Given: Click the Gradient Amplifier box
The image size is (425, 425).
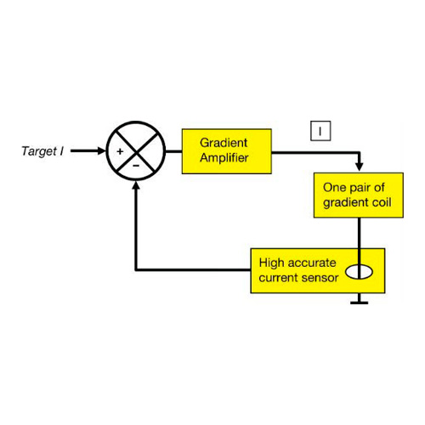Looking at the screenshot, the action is click(227, 151).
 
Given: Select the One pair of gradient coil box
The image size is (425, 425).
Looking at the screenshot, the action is click(359, 195).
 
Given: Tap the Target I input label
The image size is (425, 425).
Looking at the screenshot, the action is click(42, 151).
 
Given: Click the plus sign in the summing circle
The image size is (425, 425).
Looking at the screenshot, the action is click(120, 151).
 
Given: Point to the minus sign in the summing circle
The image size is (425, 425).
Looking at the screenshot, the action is click(136, 166).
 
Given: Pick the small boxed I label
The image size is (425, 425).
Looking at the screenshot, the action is click(320, 131).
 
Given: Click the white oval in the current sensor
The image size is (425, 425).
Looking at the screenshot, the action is click(359, 272).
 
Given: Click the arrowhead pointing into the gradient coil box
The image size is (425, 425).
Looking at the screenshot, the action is click(360, 167).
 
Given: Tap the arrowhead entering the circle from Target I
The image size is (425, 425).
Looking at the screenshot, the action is click(101, 151).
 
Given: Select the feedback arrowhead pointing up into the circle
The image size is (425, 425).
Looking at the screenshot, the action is click(136, 185).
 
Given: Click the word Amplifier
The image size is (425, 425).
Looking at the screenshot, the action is click(224, 158).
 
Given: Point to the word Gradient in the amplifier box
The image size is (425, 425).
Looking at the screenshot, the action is click(224, 143).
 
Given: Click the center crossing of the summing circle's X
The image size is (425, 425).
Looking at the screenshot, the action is click(136, 152).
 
